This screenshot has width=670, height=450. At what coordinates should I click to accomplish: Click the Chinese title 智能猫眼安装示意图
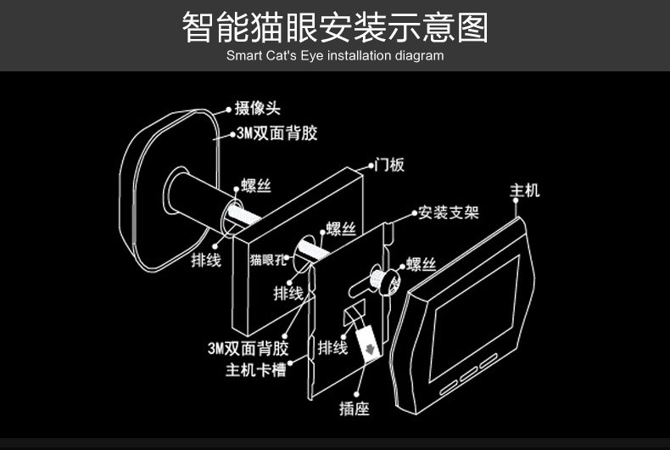pyautogui.click(x=335, y=27)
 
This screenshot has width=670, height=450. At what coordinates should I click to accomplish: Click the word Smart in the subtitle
pyautogui.click(x=243, y=56)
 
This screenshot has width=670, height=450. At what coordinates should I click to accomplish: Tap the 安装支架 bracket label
pyautogui.click(x=448, y=211)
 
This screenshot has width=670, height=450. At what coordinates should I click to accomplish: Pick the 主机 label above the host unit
pyautogui.click(x=524, y=190)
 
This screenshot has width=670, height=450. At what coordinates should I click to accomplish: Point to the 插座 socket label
pyautogui.click(x=354, y=408)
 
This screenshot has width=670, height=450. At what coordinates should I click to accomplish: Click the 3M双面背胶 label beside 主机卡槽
pyautogui.click(x=248, y=348)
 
